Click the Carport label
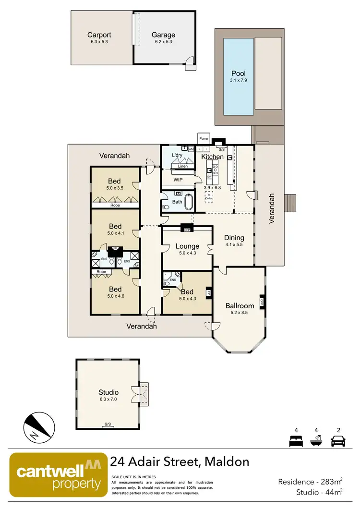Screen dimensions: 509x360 (99, 35)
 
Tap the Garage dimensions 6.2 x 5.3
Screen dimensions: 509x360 (163, 42)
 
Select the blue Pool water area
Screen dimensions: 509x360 (238, 76)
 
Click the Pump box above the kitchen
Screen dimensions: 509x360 (203, 138)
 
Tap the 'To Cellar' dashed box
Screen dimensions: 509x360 (209, 196)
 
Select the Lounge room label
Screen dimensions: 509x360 (187, 246)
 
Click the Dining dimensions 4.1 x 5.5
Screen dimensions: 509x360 (234, 244)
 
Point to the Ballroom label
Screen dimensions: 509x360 (240, 305)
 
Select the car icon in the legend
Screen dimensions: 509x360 (339, 440)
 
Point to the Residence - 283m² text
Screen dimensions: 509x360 (310, 481)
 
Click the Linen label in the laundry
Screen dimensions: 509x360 (182, 166)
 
